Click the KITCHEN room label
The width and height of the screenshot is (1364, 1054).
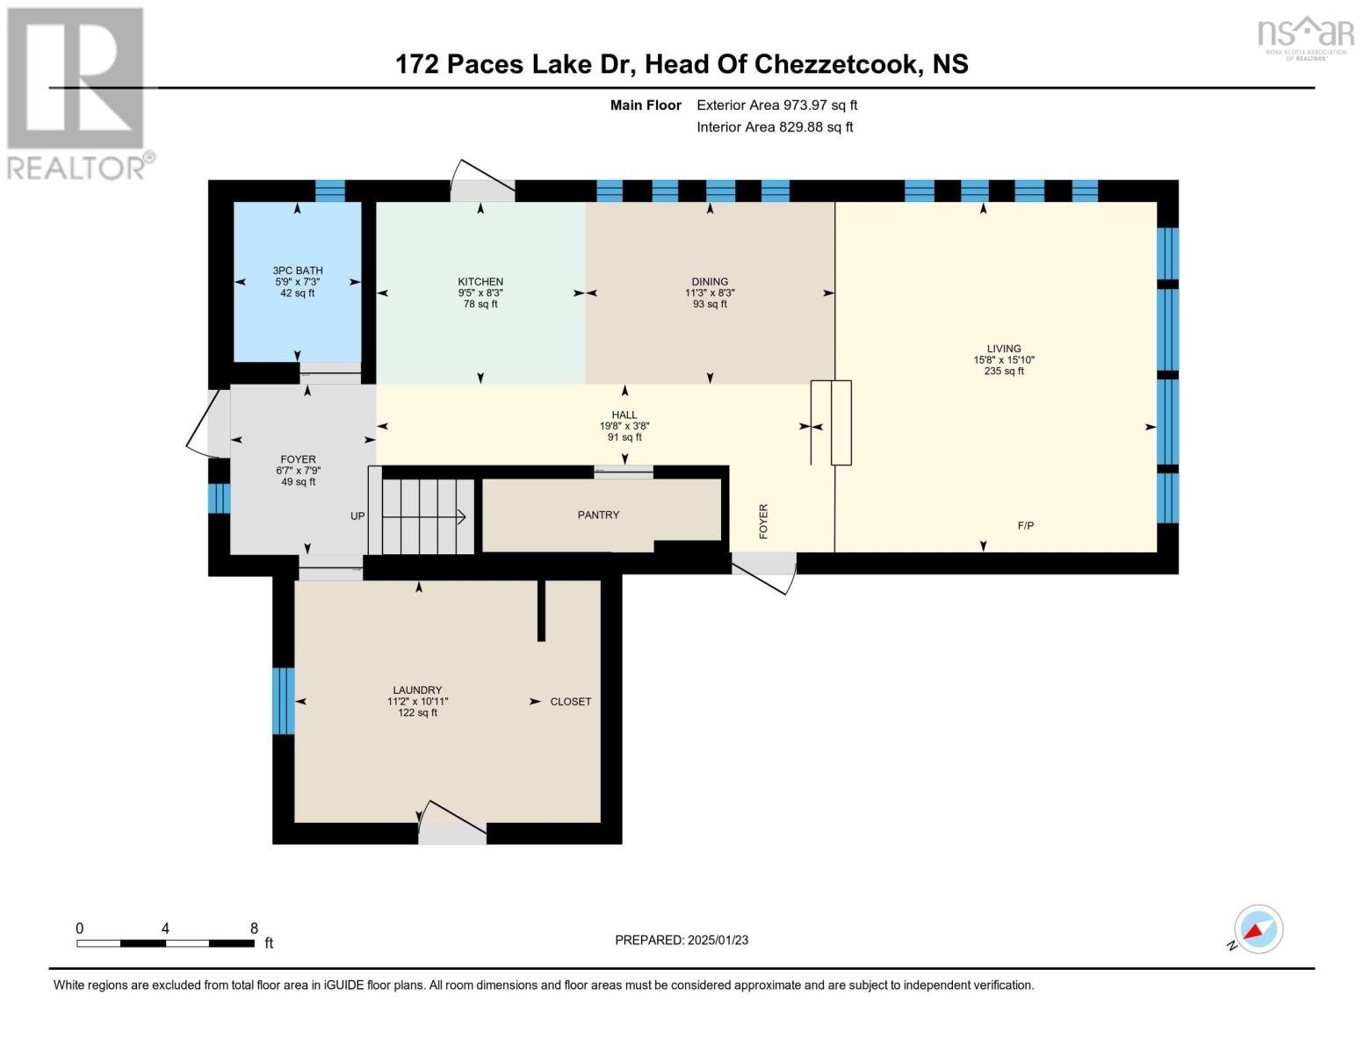coord(480,282)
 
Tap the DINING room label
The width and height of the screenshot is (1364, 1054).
coord(710,282)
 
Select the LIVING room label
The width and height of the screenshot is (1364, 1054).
coord(1004,349)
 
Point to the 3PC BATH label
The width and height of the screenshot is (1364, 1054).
coord(298,271)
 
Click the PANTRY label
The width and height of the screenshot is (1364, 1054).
coord(598,515)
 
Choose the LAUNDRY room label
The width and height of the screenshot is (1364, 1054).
coord(417,689)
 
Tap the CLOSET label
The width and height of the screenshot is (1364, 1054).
coord(571,702)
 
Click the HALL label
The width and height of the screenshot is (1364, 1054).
coord(624,415)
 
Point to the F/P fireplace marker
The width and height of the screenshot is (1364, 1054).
coord(1026,526)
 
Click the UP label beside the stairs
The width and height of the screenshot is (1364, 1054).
coord(357,516)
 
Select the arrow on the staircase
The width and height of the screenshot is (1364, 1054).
coord(423,516)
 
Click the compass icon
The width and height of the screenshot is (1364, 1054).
coord(1258,929)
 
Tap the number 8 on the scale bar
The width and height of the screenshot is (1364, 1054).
coord(254,928)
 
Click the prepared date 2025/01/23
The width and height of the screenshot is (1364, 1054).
coord(718,941)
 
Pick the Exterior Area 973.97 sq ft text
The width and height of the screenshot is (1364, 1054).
coord(777,105)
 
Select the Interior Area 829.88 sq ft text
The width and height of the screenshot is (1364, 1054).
coord(775,127)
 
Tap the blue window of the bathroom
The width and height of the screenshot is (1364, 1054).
coord(329,191)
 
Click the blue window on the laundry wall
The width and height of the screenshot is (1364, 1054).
coord(283,701)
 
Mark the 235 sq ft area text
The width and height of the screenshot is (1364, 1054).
coord(1004,371)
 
